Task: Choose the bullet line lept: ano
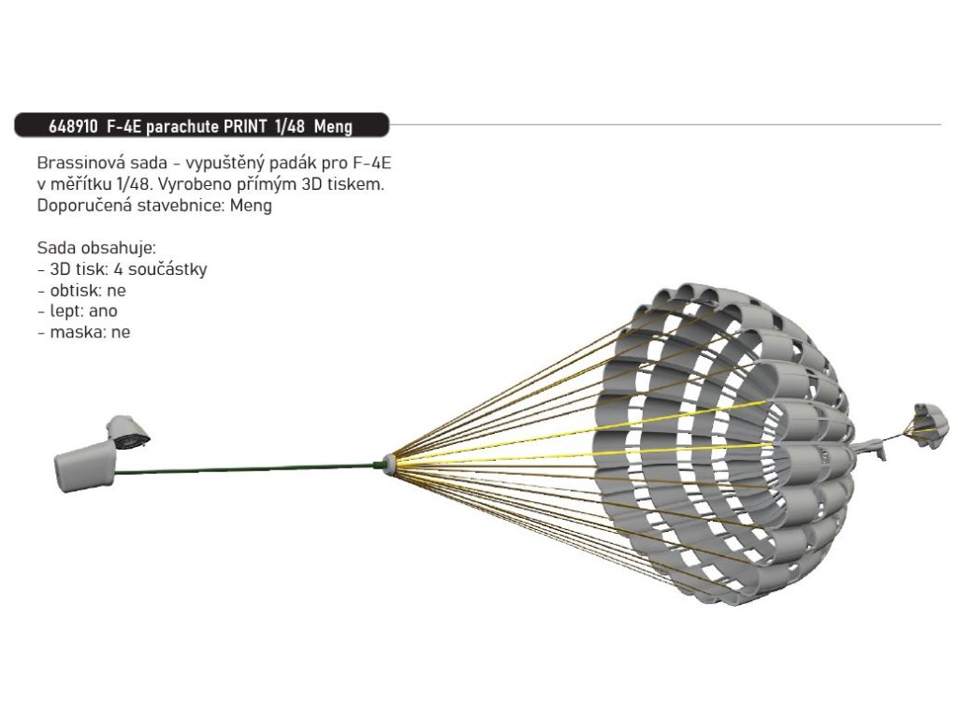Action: tap(78, 311)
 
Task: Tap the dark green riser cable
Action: tap(243, 467)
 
